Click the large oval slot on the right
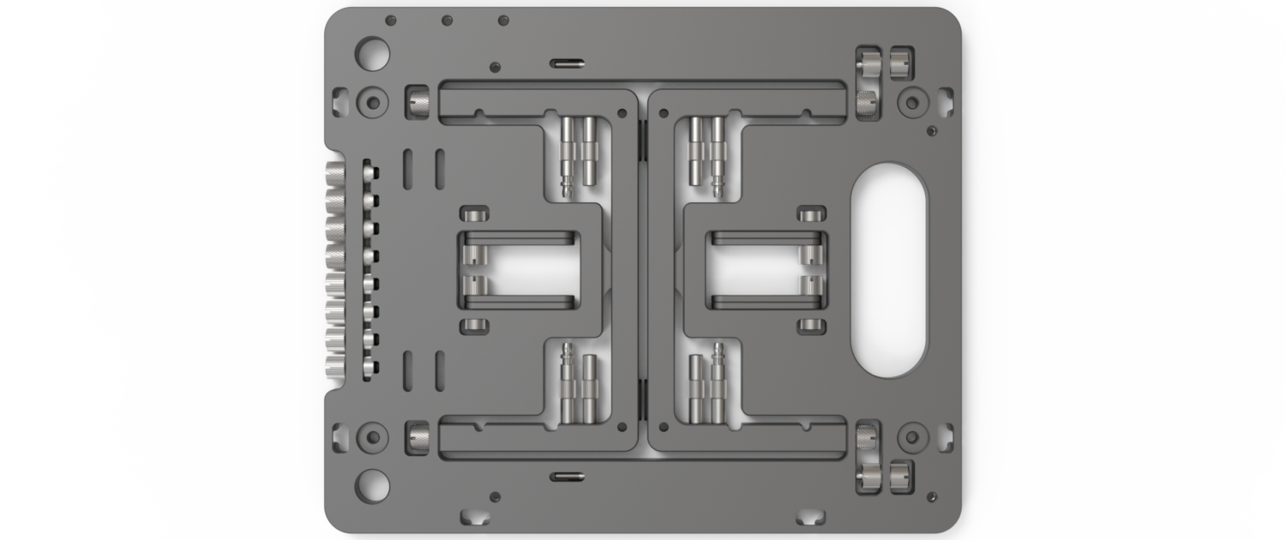click(x=888, y=269)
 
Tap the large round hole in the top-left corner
click(x=372, y=53)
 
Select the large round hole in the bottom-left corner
click(x=372, y=486)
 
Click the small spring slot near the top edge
click(x=566, y=63)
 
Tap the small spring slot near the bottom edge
click(x=566, y=476)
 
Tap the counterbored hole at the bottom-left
click(x=372, y=437)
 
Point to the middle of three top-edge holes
click(x=447, y=20)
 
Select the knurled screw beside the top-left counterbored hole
click(x=419, y=103)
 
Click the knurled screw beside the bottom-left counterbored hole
click(x=419, y=437)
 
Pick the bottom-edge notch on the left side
click(x=474, y=517)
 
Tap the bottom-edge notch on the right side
click(x=810, y=517)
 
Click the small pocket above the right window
click(x=811, y=213)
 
